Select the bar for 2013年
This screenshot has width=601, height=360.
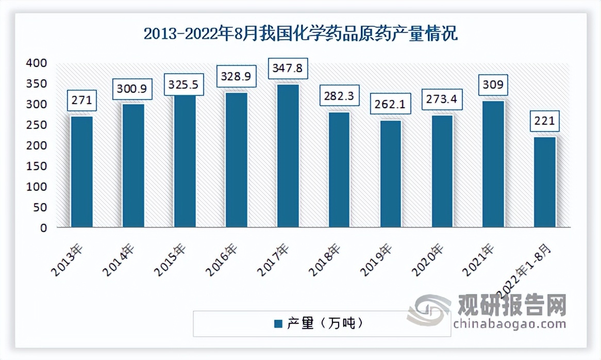[82, 172]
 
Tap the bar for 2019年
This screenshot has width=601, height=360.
[391, 174]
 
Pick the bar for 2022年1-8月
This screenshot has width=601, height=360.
[545, 182]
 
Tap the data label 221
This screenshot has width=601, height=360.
[545, 122]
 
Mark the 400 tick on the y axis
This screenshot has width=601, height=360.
[37, 63]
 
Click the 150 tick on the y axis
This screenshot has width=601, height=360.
[37, 166]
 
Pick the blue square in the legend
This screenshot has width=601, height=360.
[278, 324]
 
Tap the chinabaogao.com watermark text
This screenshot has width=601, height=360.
[510, 324]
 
